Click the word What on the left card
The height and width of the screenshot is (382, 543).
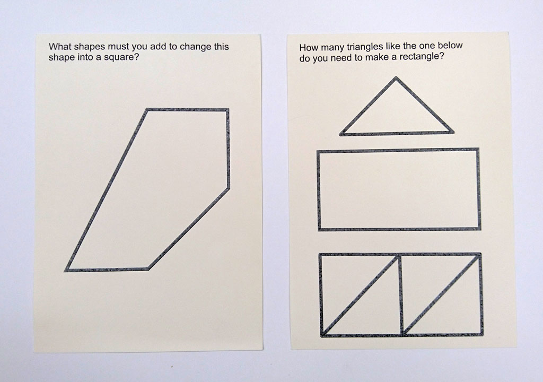(x=60, y=47)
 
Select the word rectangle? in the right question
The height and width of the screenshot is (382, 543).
(x=422, y=57)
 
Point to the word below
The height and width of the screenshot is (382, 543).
(x=450, y=46)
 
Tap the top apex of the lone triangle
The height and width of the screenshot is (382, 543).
(x=396, y=77)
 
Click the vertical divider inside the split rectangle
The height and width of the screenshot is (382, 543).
(x=400, y=295)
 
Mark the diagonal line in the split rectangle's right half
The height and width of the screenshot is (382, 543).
(x=442, y=295)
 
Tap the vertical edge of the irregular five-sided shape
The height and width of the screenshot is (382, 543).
(x=227, y=149)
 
